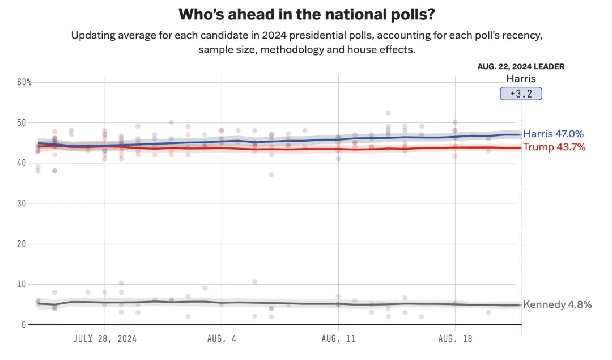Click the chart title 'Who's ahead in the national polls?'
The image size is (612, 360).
point(307,14)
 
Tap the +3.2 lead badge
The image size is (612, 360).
point(521,94)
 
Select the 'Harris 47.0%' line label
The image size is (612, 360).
point(553,134)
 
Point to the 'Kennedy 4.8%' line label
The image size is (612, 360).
point(557,305)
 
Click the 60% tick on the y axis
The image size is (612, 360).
point(24,82)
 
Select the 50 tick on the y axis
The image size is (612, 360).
point(22,122)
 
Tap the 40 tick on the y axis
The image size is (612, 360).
point(22,163)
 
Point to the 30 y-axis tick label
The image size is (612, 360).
point(22,203)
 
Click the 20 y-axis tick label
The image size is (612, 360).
point(22,244)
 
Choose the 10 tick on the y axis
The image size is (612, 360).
point(22,284)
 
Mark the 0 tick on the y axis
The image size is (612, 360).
point(24,324)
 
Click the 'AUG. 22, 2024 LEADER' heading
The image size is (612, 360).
point(521,66)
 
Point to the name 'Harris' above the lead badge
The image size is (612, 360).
point(521,79)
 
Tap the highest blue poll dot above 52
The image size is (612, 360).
point(388,113)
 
